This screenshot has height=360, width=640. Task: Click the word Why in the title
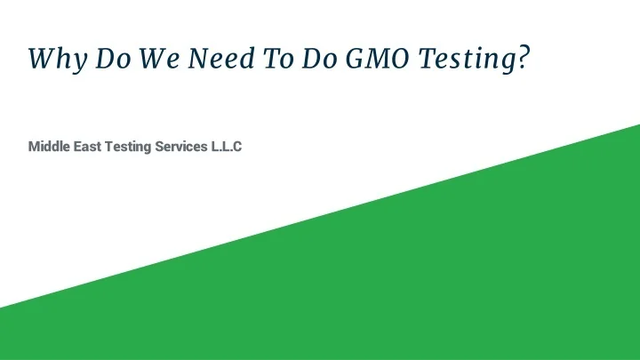point(55,59)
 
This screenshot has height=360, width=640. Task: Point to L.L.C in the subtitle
point(227,145)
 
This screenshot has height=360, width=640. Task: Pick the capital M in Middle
point(34,145)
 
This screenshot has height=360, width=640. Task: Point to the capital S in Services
point(159,145)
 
